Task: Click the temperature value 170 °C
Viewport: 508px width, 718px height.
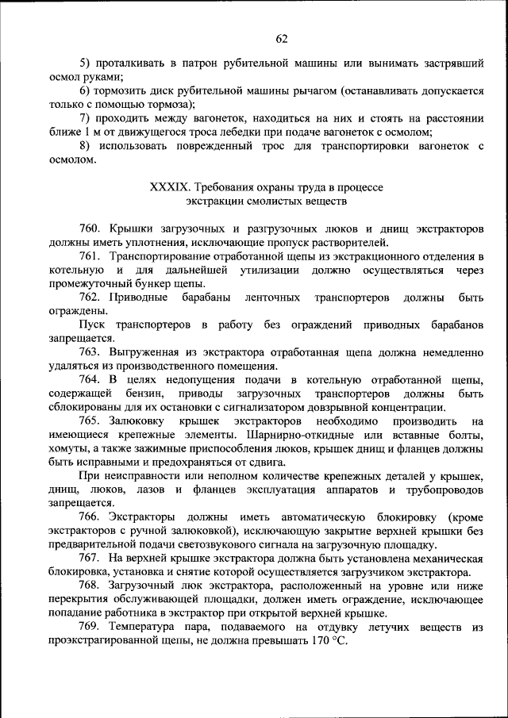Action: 329,642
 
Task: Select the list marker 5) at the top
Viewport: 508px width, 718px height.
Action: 86,63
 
